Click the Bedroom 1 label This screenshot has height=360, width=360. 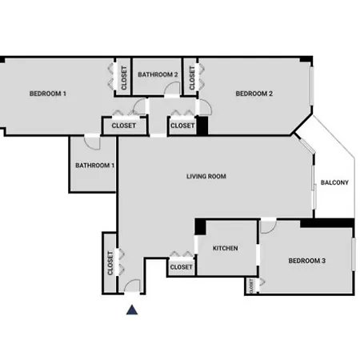(x=48, y=94)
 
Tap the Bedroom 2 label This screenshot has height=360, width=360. (x=254, y=94)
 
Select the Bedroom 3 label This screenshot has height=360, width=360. (x=307, y=261)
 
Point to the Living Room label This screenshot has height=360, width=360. (x=206, y=176)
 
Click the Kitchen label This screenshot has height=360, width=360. (x=226, y=248)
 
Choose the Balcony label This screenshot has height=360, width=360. (x=334, y=182)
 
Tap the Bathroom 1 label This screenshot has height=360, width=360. (x=95, y=166)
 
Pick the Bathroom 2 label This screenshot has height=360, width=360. (x=158, y=74)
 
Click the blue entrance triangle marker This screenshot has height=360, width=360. (x=132, y=310)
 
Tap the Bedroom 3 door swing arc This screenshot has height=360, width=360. (x=271, y=230)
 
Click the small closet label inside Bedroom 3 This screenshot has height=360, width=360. (x=251, y=286)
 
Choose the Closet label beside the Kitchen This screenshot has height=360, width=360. (x=181, y=267)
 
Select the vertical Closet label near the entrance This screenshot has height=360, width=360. (x=110, y=263)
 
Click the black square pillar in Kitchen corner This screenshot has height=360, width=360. (x=200, y=226)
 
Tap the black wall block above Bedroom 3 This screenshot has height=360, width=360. (x=327, y=223)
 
